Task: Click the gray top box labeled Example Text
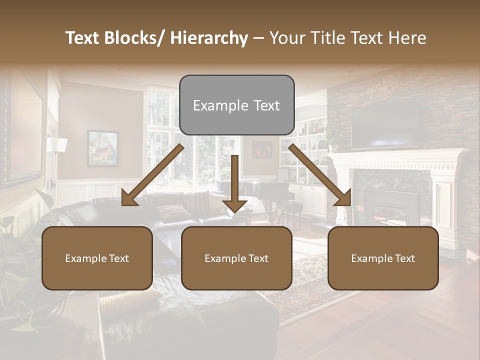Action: [x=236, y=105]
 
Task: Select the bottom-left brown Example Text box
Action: [x=97, y=258]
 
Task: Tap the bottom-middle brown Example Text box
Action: [x=236, y=258]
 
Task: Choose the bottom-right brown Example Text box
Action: [x=383, y=258]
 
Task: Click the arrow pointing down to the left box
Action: [x=152, y=175]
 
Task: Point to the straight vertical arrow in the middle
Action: [x=234, y=183]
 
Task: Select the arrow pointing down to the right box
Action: [x=320, y=175]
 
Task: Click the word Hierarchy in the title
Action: [x=209, y=38]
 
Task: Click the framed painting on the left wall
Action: [x=102, y=147]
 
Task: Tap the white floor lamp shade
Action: [x=57, y=144]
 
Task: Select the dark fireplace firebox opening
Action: [x=390, y=205]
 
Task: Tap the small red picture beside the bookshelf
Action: [x=262, y=149]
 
